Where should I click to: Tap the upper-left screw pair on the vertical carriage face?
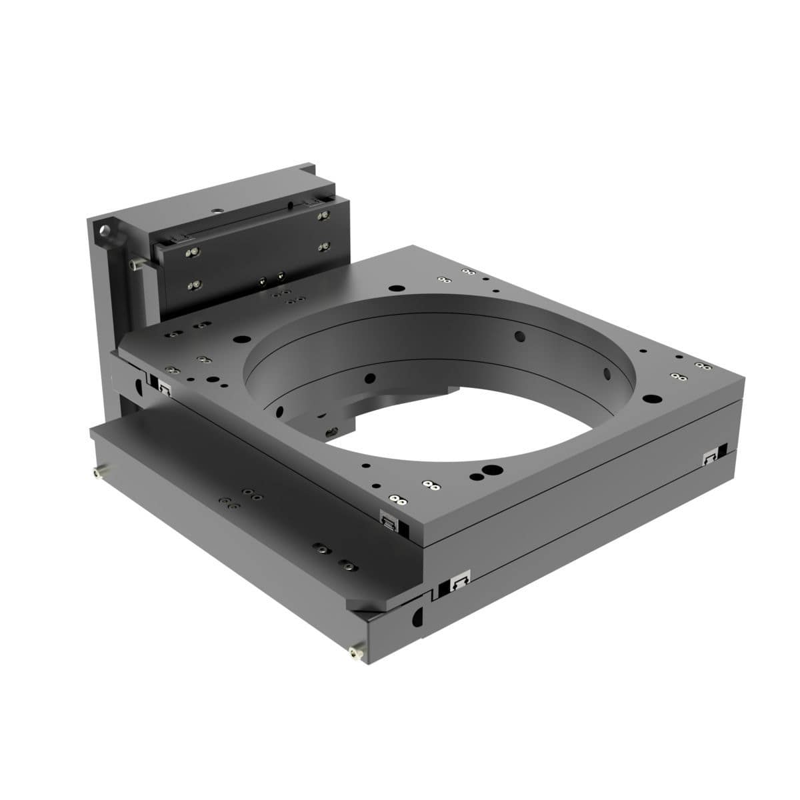192,252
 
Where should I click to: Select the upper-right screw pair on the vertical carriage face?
324,215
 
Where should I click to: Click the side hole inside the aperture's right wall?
606,371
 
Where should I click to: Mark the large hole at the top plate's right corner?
650,400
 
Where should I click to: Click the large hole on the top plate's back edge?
396,288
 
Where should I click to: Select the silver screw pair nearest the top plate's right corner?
700,365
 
